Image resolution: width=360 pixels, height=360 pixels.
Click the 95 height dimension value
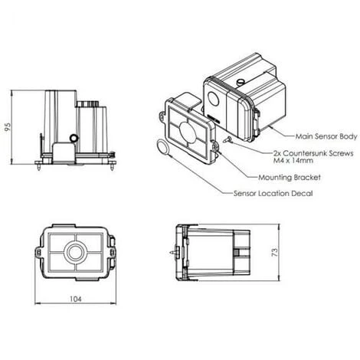pos(8,127)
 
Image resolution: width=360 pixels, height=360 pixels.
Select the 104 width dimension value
pos(76,299)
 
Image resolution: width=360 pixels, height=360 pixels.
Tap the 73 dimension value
pos(274,252)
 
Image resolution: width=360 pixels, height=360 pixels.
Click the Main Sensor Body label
pos(326,136)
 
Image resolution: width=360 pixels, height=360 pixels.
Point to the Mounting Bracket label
pos(290,178)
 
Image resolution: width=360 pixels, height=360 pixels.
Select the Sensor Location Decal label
pos(273,193)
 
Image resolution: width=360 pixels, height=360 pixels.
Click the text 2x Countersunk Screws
pos(313,153)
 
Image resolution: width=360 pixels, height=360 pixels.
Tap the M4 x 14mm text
pos(293,161)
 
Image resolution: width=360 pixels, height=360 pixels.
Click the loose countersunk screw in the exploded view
pos(227,139)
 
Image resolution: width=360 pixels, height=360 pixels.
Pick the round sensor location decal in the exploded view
pos(162,147)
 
